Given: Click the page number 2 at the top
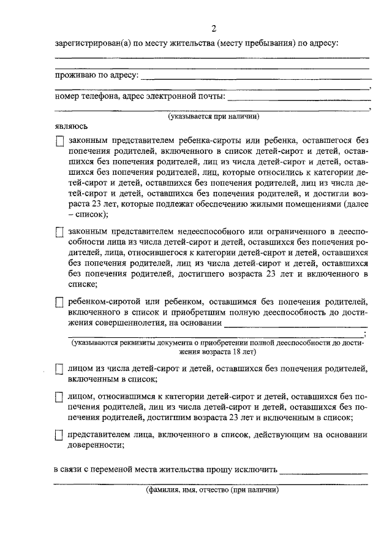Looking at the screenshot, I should click(x=214, y=29).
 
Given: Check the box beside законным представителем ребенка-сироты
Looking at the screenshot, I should click(x=59, y=141).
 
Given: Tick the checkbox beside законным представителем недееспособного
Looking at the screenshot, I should click(x=59, y=232).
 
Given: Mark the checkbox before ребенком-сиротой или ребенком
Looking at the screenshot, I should click(x=59, y=302).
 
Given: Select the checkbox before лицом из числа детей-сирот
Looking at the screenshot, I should click(x=59, y=369).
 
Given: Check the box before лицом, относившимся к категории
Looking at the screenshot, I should click(x=59, y=397).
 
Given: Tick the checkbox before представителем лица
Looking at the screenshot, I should click(x=59, y=435).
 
